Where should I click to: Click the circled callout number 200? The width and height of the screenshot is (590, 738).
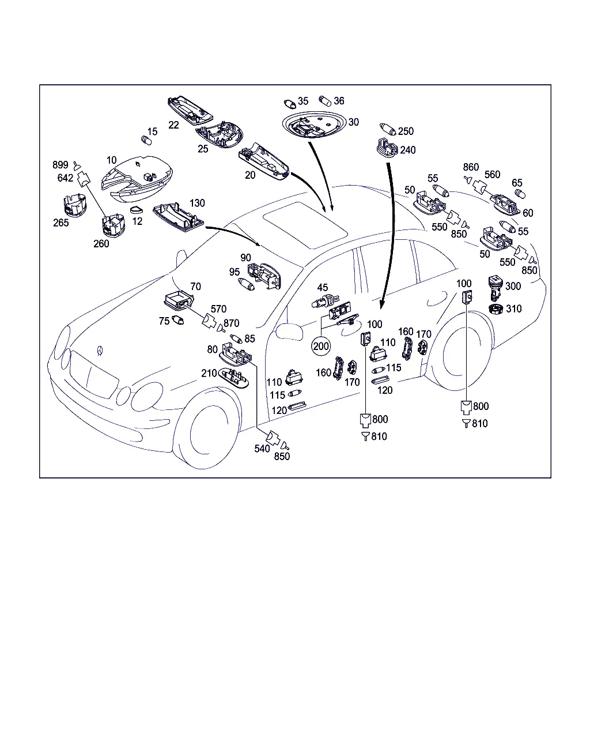tap(321, 346)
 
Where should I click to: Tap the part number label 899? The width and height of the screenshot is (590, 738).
tap(60, 165)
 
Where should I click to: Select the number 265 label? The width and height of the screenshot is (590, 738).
tap(61, 223)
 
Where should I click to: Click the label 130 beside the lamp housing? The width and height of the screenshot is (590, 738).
tap(197, 203)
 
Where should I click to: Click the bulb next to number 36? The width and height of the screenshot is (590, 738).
tap(324, 101)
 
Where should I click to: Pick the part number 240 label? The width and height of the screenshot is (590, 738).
tap(407, 150)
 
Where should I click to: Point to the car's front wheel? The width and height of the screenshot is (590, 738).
tap(206, 428)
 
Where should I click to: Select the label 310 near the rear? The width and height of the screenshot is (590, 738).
tap(513, 308)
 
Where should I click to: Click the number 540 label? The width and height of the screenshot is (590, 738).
tap(262, 449)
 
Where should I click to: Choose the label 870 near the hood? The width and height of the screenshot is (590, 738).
tap(231, 323)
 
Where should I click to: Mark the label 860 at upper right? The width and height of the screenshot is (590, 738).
tap(471, 167)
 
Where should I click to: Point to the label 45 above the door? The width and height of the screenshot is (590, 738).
tap(323, 287)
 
